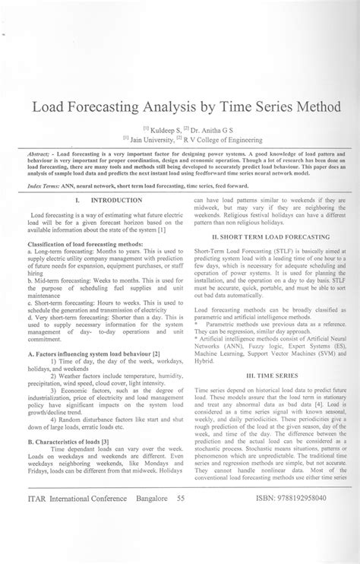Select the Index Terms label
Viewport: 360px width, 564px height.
[46, 185]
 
